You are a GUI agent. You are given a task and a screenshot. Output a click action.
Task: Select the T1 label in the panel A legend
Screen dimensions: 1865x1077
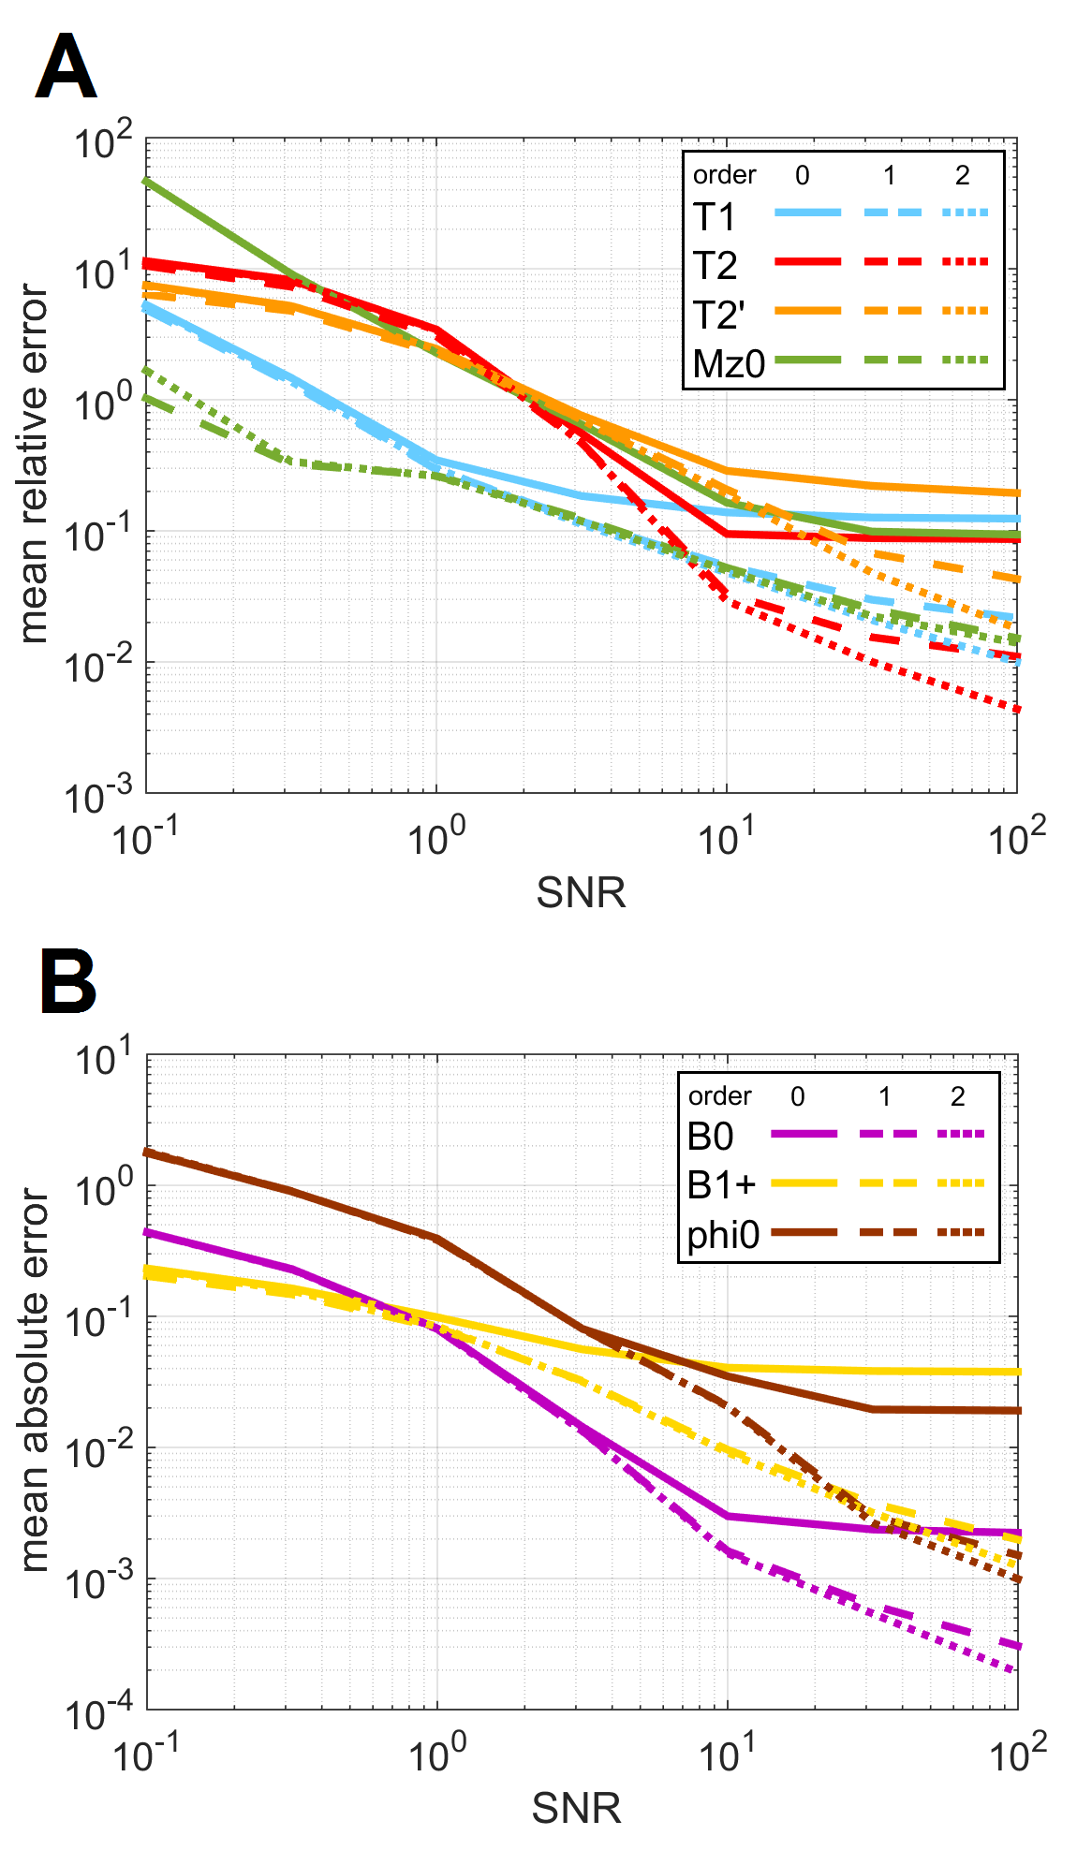(x=715, y=217)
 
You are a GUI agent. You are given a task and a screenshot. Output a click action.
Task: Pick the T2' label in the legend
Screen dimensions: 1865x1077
(x=719, y=316)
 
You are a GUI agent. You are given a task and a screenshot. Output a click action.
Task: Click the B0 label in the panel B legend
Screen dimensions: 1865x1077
(x=710, y=1137)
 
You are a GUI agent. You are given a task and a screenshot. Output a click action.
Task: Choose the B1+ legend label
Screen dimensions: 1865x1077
(x=721, y=1185)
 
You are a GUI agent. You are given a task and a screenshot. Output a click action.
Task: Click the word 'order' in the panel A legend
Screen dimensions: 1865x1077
(x=724, y=175)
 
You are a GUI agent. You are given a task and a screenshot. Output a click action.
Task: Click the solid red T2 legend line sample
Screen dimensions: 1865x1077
(x=807, y=262)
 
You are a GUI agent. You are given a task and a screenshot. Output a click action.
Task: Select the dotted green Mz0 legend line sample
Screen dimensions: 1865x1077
(x=964, y=360)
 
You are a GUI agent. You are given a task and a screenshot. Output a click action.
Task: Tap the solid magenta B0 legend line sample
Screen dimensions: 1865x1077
(x=804, y=1134)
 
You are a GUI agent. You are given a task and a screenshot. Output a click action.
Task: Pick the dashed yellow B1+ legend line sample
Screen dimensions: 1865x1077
(x=885, y=1183)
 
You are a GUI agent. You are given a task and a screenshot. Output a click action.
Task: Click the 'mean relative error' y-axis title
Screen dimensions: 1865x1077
(x=34, y=463)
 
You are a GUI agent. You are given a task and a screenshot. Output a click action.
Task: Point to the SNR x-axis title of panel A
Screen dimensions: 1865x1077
(x=581, y=892)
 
